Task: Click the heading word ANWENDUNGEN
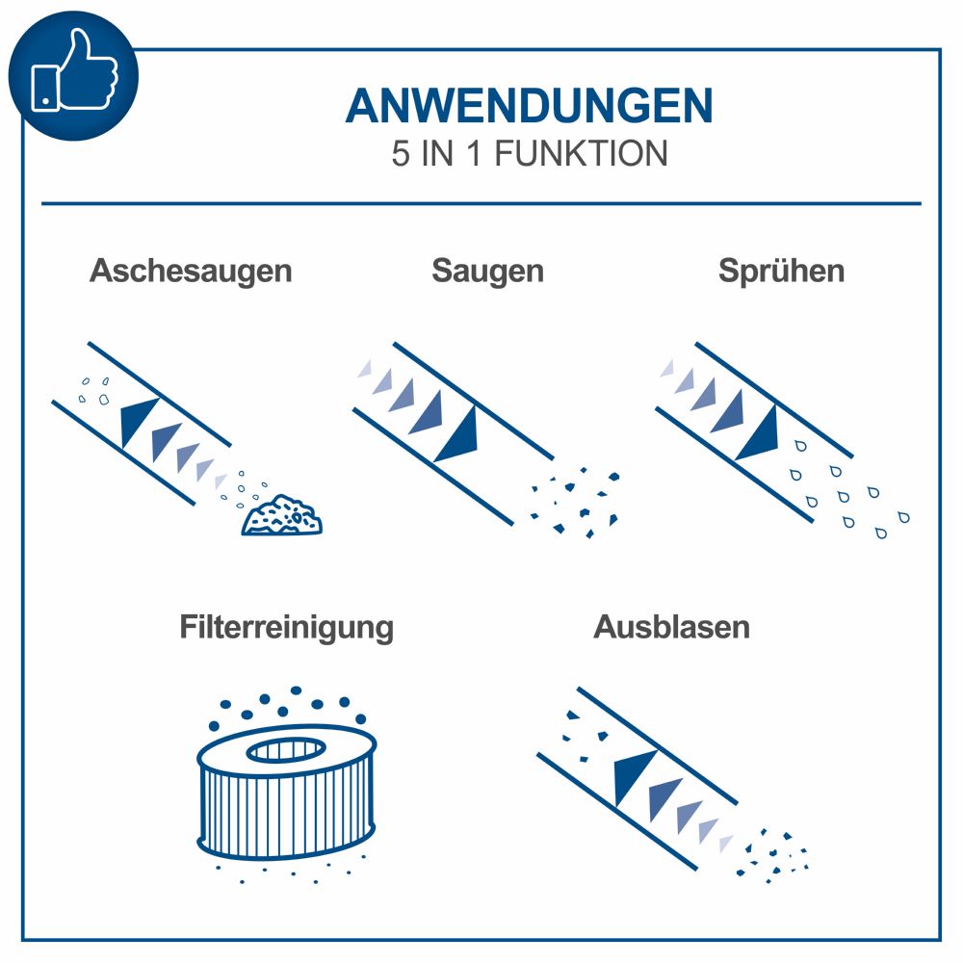pos(529,106)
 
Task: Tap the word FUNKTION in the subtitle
pos(581,154)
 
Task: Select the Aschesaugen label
pos(191,271)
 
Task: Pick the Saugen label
pos(487,271)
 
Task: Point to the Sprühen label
pos(781,271)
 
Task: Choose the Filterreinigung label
pos(286,628)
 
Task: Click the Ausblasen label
pos(671,628)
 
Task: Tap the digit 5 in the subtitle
pos(401,154)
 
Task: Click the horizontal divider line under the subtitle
pos(481,203)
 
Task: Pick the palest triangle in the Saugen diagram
pos(366,368)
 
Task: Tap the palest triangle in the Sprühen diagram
pos(667,368)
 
